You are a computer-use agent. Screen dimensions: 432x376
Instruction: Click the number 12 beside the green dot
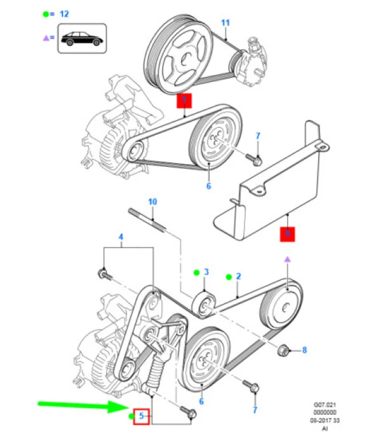click(x=64, y=13)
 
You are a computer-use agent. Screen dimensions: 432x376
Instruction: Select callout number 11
click(x=224, y=23)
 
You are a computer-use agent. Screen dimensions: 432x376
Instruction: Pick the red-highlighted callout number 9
click(x=288, y=234)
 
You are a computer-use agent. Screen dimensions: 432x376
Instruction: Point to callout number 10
click(x=152, y=202)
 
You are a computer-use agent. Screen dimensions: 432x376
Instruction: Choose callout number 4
click(x=121, y=239)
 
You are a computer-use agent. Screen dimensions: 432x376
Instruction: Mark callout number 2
click(x=238, y=276)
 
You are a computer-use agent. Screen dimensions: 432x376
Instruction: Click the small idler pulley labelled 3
click(x=205, y=303)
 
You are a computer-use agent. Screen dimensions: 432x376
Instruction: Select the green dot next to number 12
click(x=46, y=13)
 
